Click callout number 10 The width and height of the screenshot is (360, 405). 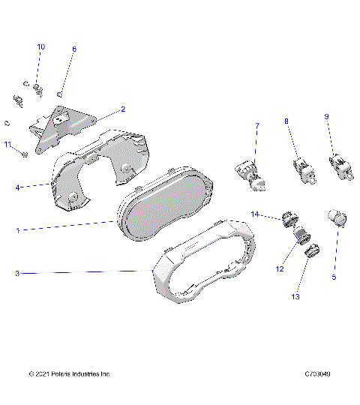click(40, 46)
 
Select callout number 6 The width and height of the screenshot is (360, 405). click(73, 49)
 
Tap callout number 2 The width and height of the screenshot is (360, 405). click(123, 109)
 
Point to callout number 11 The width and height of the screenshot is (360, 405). click(8, 144)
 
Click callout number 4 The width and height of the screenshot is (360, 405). click(18, 187)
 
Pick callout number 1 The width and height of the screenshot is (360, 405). click(18, 231)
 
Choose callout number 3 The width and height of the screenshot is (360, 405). click(18, 274)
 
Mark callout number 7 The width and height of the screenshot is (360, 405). click(256, 125)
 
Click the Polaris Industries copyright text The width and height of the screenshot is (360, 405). click(69, 373)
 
